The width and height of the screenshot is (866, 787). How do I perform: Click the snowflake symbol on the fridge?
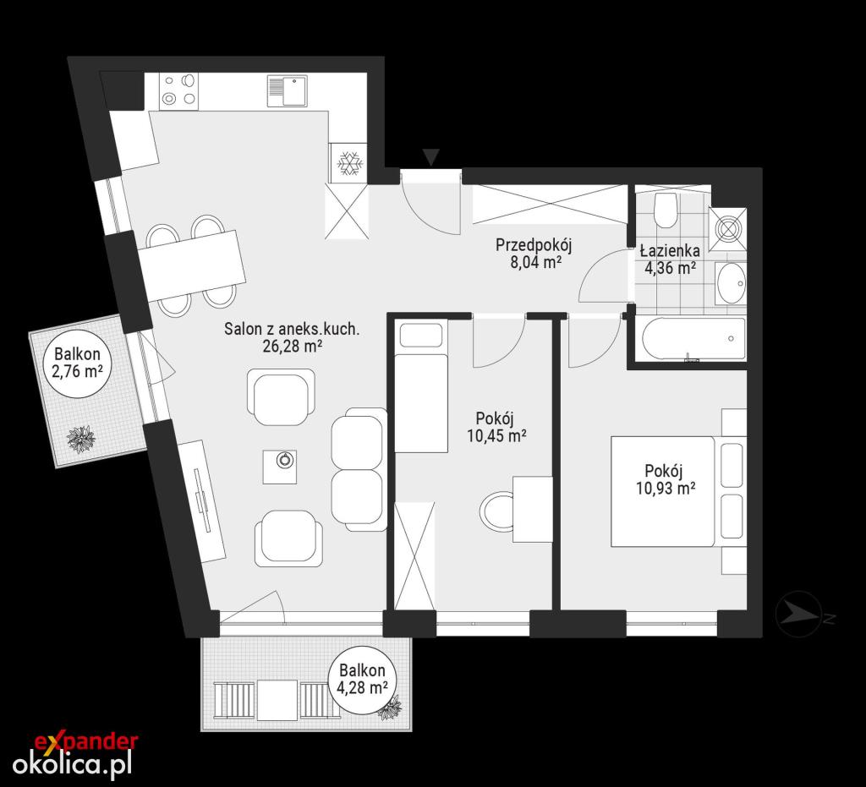[x=349, y=163]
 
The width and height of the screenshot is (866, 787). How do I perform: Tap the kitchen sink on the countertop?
[x=288, y=90]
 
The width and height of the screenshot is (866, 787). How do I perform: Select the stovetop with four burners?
[x=179, y=91]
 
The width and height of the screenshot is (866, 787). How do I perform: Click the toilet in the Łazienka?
[x=665, y=210]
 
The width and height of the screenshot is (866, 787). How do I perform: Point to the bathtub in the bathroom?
[x=693, y=338]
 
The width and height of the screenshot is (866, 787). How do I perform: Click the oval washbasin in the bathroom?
[x=731, y=283]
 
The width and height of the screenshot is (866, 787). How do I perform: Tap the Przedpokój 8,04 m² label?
[x=534, y=253]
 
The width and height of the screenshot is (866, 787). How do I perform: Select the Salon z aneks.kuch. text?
[x=292, y=330]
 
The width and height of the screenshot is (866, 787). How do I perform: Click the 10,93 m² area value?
[x=665, y=488]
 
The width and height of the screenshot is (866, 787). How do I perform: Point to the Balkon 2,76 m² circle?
[x=77, y=362]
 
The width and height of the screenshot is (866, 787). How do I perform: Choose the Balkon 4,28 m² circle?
[x=362, y=680]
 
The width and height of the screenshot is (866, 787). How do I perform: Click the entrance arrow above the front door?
[x=430, y=156]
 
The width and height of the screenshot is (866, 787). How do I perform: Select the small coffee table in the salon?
[x=279, y=467]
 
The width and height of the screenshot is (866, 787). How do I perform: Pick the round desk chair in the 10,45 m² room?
[x=497, y=510]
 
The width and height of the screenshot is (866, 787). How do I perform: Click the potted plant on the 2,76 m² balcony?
[x=80, y=440]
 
